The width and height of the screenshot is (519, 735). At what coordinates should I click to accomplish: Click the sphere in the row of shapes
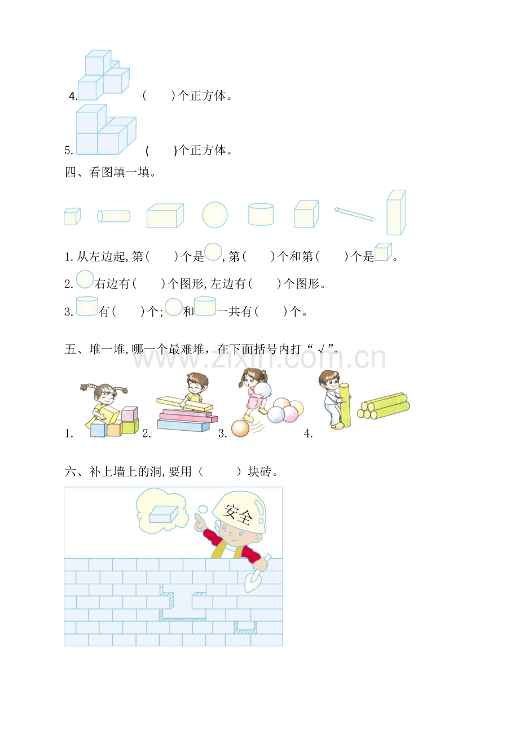click(215, 215)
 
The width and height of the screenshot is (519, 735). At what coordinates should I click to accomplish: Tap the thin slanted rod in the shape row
click(355, 215)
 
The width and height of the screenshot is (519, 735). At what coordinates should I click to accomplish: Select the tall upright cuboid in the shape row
click(396, 212)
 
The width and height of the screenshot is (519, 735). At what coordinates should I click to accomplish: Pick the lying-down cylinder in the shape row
click(114, 216)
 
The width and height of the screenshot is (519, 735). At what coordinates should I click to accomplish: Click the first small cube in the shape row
click(72, 217)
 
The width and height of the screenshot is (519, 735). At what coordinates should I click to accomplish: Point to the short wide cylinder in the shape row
click(261, 215)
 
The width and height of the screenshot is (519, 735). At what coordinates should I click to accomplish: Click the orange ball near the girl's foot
click(240, 428)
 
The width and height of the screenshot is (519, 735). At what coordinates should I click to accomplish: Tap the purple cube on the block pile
click(130, 414)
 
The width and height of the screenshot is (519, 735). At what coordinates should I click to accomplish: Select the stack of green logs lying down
click(384, 406)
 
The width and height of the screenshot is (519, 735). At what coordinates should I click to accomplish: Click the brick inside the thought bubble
click(164, 514)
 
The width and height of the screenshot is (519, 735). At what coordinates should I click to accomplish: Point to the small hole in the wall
click(245, 627)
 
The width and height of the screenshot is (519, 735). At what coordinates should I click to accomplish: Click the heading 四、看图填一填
click(110, 172)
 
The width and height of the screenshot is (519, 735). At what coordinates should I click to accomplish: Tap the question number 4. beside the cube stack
click(73, 96)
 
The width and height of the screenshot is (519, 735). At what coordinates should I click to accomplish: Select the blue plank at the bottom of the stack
click(183, 426)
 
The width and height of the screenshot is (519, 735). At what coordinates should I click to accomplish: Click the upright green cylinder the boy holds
click(345, 405)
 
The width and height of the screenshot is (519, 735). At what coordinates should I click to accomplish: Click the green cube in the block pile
click(130, 427)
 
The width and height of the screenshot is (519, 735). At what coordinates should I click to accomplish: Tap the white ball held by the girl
click(263, 391)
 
